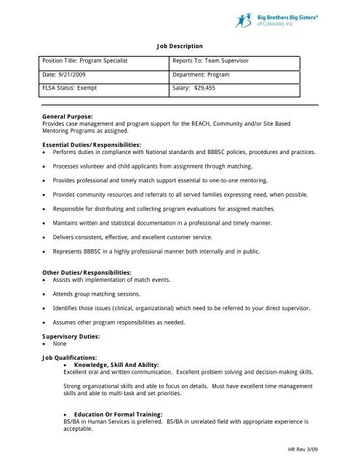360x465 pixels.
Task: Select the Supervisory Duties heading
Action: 70,336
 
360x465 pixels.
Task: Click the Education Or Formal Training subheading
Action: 116,413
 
